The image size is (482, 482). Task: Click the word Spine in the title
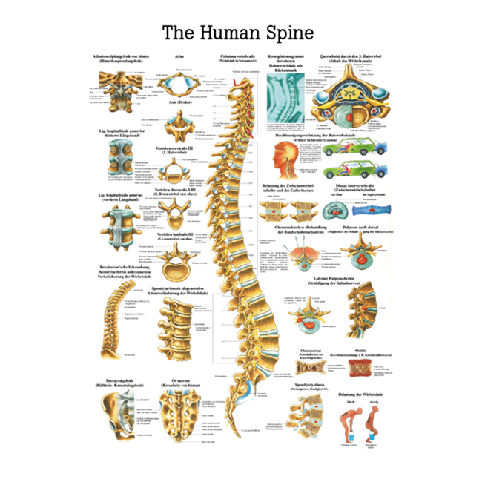click(288, 33)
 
